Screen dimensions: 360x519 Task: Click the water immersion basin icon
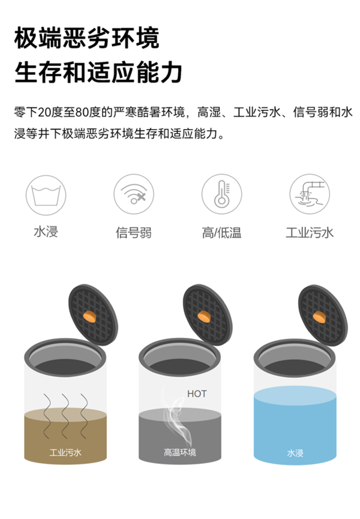[46, 195]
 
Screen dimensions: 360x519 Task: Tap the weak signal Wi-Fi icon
[134, 194]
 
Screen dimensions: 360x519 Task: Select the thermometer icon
[221, 194]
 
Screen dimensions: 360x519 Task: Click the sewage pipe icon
[310, 194]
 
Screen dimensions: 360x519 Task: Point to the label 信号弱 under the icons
[134, 232]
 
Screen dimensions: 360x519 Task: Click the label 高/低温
[221, 232]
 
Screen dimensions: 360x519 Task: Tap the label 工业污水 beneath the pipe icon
[310, 232]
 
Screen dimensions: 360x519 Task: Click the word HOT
[197, 394]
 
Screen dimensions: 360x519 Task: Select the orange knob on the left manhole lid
[89, 316]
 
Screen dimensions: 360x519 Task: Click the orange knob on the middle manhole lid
[204, 316]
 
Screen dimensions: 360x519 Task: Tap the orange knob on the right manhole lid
[319, 317]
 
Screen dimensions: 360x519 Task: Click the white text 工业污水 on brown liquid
[65, 452]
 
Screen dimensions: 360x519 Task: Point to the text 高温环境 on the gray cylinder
[180, 452]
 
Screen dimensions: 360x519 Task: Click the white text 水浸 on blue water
[295, 453]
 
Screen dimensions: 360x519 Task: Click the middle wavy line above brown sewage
[66, 416]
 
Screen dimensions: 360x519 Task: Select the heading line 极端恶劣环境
[87, 38]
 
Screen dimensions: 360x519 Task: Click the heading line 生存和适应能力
[98, 72]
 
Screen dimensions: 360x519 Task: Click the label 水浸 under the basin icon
[46, 232]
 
